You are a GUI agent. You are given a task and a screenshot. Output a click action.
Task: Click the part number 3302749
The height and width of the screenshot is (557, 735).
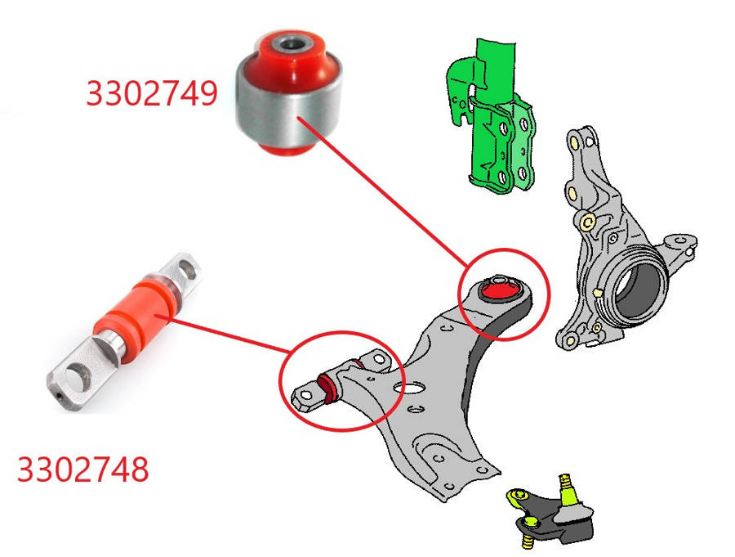[152, 93]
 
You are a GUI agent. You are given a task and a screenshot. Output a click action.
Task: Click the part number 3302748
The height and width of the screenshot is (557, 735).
[83, 469]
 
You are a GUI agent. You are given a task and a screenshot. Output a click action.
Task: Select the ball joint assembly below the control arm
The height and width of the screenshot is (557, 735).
[550, 512]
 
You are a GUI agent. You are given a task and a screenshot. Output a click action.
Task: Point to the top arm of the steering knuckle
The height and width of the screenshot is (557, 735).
[582, 146]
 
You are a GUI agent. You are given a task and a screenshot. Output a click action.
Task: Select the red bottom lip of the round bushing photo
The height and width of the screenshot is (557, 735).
[286, 150]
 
